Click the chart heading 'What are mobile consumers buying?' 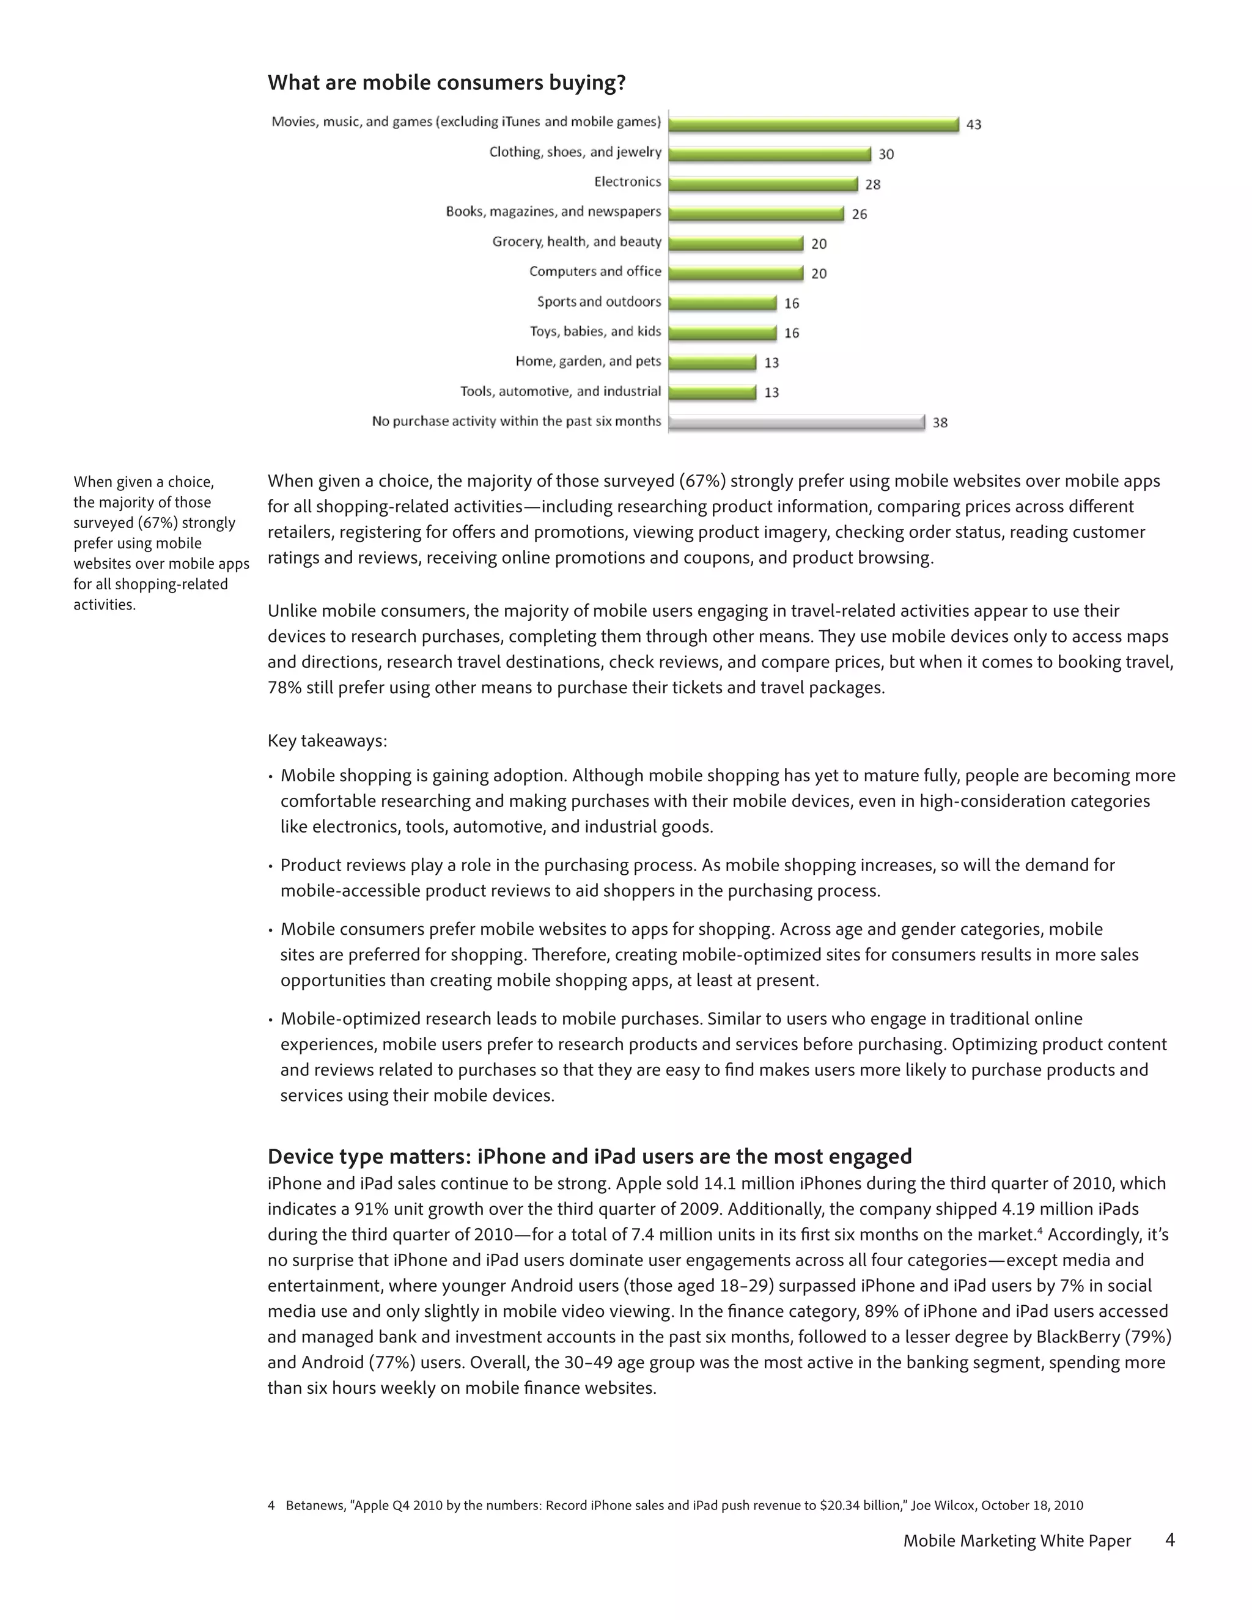click(446, 83)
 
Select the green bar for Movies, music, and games click(813, 124)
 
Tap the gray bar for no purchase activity click(796, 422)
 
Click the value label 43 click(973, 125)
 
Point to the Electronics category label click(627, 182)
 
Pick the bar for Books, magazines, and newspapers click(756, 213)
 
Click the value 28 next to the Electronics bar click(872, 184)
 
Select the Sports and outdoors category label click(598, 301)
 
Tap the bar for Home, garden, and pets click(712, 362)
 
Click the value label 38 click(940, 423)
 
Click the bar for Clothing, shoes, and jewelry click(769, 153)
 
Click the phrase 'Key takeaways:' click(327, 741)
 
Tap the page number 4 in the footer click(1169, 1540)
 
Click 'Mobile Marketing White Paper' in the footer click(1016, 1541)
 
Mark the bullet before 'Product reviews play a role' click(271, 866)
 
